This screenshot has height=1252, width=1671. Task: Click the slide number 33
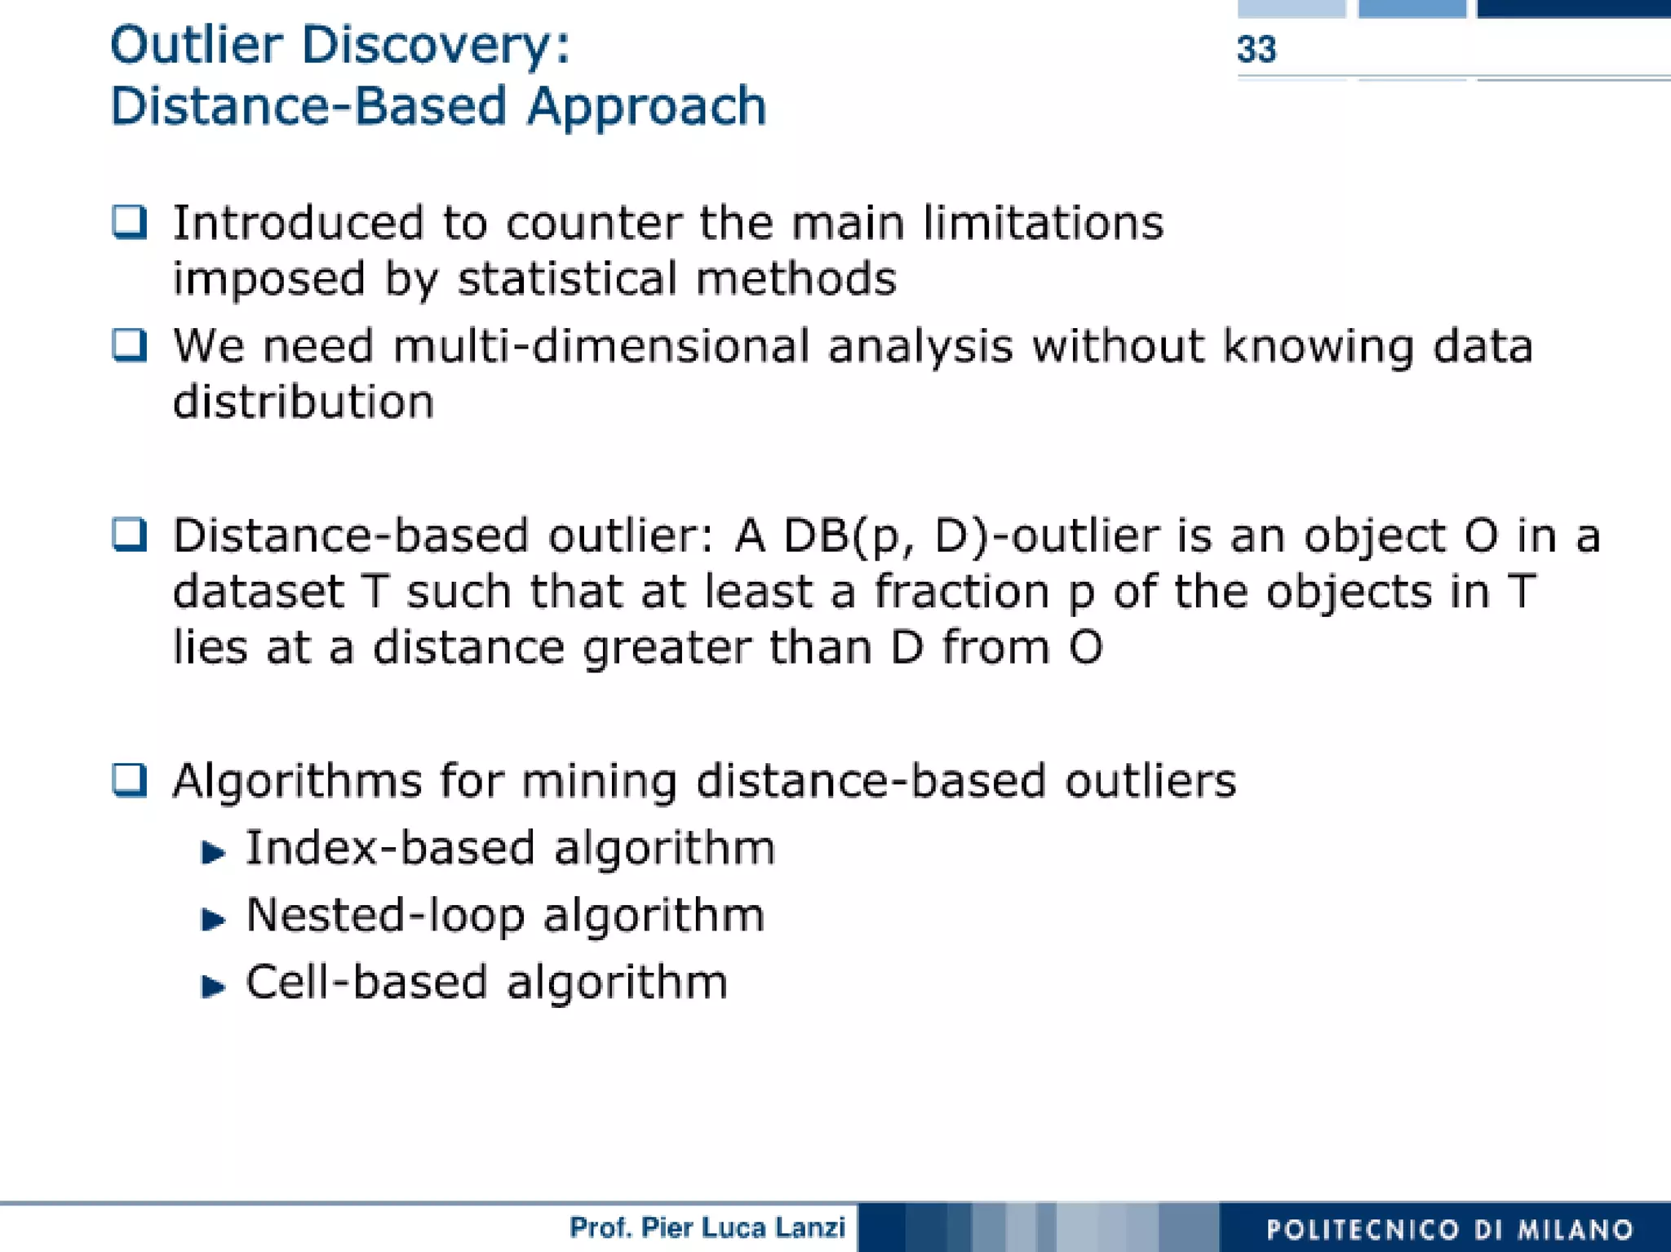(x=1256, y=50)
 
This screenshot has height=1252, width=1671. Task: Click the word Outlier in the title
(x=196, y=45)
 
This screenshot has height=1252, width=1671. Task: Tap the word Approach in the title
(x=646, y=107)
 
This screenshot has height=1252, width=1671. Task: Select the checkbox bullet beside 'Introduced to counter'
(x=130, y=222)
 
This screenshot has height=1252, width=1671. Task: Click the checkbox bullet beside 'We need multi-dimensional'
(x=130, y=345)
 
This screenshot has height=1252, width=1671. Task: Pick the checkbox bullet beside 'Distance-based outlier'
(x=130, y=535)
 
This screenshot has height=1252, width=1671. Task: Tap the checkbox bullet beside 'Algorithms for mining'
(x=130, y=780)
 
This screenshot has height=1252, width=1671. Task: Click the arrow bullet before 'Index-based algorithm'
(x=213, y=853)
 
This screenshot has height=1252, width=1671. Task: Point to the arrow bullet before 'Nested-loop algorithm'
(x=213, y=920)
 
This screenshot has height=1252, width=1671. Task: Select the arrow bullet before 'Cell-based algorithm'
(x=213, y=987)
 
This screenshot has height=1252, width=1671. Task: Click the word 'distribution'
(x=304, y=402)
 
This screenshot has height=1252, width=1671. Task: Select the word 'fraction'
(x=962, y=592)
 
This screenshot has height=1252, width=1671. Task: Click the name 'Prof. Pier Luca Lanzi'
(x=707, y=1228)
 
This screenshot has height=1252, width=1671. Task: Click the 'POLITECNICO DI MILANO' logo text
(x=1450, y=1229)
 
